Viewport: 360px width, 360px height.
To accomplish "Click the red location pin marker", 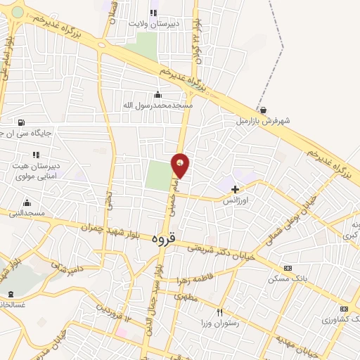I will pyautogui.click(x=181, y=165).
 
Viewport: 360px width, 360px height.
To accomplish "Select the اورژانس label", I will pyautogui.click(x=236, y=200).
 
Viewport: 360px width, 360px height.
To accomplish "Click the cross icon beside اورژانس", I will pyautogui.click(x=235, y=188).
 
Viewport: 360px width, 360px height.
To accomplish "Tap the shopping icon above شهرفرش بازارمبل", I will pyautogui.click(x=263, y=110).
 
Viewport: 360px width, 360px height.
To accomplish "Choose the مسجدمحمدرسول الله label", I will pyautogui.click(x=158, y=105).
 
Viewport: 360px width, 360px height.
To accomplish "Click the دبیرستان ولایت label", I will pyautogui.click(x=155, y=22).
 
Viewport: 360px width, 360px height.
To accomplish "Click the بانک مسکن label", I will pyautogui.click(x=288, y=278).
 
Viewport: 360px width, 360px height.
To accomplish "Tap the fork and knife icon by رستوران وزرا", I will pyautogui.click(x=219, y=312).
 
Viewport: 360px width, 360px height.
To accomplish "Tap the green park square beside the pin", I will pyautogui.click(x=160, y=175).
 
